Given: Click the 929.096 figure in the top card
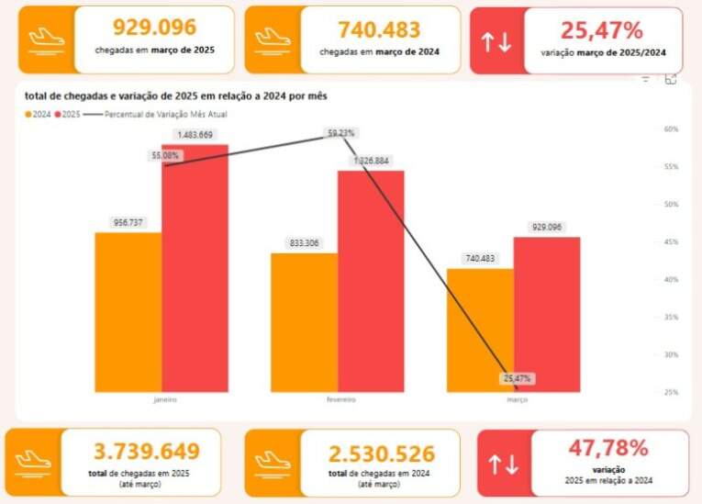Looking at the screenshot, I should pos(154,28).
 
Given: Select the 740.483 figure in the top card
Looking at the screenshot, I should pos(378,28).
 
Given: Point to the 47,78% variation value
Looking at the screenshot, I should pos(608,448).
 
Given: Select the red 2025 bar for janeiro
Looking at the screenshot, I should pos(195,271).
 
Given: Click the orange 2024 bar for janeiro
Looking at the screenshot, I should pos(128,312).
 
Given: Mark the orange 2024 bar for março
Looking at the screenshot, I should pos(480,330).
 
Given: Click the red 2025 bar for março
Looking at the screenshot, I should pos(547,315).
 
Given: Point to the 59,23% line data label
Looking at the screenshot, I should pos(341,133).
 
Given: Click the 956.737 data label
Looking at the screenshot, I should pos(128,222).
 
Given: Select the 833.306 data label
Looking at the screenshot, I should pos(304,243).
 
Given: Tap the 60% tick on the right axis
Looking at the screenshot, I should pos(671,129).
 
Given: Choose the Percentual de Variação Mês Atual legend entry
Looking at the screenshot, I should pos(165,115).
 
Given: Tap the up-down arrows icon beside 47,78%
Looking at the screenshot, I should pos(504,465).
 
